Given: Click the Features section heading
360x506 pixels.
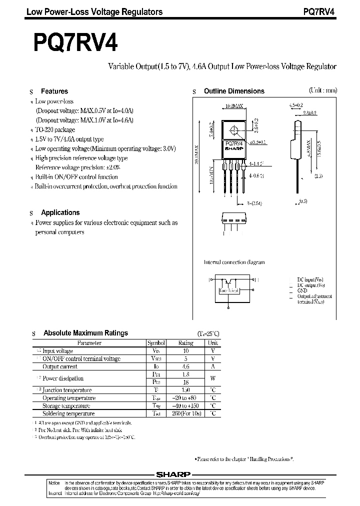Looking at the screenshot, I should (x=54, y=91).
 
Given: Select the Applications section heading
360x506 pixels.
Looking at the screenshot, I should (x=60, y=212).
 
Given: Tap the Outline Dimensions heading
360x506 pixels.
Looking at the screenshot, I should (x=234, y=91).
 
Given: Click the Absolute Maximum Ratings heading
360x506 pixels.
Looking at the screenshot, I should (x=85, y=333).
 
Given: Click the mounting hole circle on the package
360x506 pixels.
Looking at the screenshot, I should (x=234, y=131).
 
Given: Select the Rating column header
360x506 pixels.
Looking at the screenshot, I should (x=185, y=343).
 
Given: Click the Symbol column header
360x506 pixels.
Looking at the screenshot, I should (x=156, y=343).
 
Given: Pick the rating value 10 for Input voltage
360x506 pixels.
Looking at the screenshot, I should (x=185, y=351).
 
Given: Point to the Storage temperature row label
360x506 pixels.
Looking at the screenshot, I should (x=66, y=406).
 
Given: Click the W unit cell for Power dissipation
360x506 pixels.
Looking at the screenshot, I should (x=212, y=378).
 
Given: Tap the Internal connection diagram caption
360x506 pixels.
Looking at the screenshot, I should (x=234, y=262).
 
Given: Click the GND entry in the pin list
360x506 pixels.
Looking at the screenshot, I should (x=302, y=290).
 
